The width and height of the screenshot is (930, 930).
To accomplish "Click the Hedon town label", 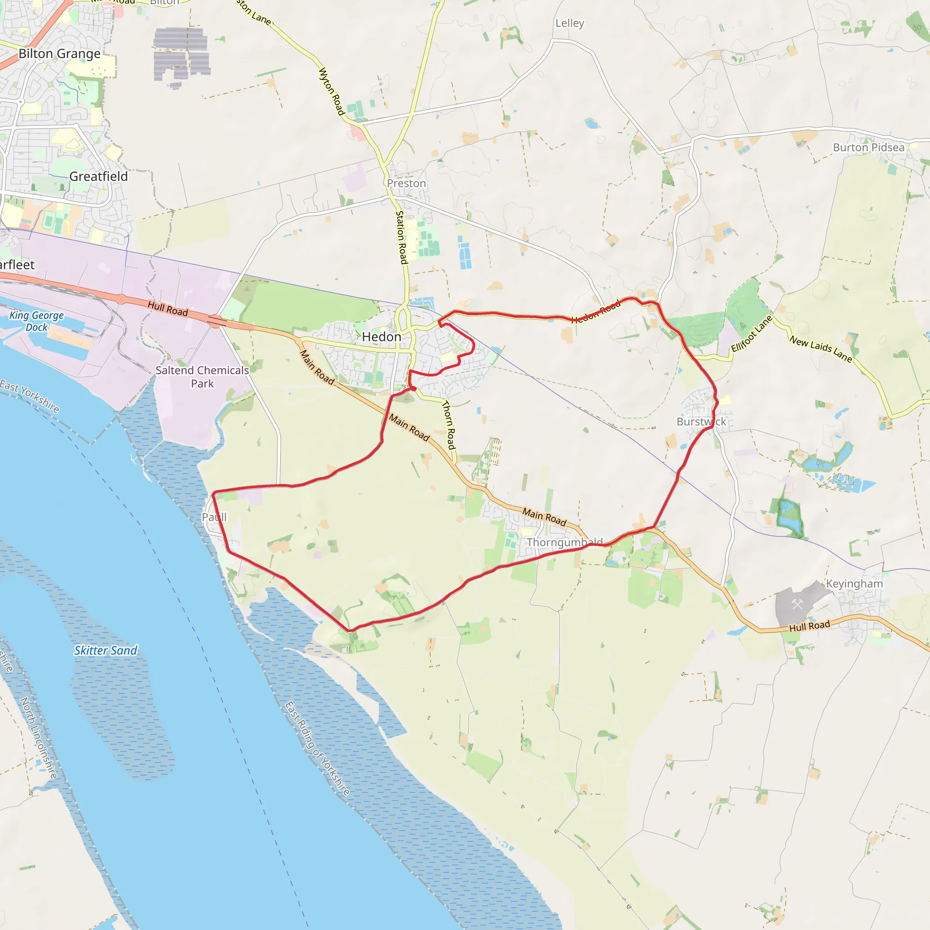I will click(x=381, y=337).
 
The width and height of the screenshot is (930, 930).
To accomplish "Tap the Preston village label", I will click(x=406, y=183).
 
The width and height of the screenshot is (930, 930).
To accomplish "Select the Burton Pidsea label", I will click(x=868, y=147).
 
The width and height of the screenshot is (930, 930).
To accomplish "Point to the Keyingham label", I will click(x=855, y=584).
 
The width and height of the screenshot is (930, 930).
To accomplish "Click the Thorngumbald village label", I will click(x=564, y=543).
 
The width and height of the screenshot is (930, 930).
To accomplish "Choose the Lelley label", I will click(x=569, y=23).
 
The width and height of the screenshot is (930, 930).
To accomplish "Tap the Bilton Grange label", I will click(x=59, y=54).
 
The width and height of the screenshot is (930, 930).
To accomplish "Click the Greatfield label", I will click(x=99, y=177).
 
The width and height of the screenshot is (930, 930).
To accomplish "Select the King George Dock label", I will click(x=37, y=321).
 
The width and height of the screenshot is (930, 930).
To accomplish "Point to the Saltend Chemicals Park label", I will click(x=202, y=377).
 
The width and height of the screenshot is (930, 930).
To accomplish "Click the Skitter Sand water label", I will click(x=105, y=651).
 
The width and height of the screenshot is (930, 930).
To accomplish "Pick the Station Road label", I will click(x=401, y=237).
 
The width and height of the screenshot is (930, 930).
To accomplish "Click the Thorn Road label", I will click(x=449, y=425).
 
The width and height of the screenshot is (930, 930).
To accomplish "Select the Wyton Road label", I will click(x=331, y=91).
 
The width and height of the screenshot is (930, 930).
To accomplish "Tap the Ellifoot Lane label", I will click(x=752, y=334).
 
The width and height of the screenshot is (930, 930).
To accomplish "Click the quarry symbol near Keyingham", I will click(x=797, y=604).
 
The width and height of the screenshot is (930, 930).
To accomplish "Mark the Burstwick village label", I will click(x=701, y=422).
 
